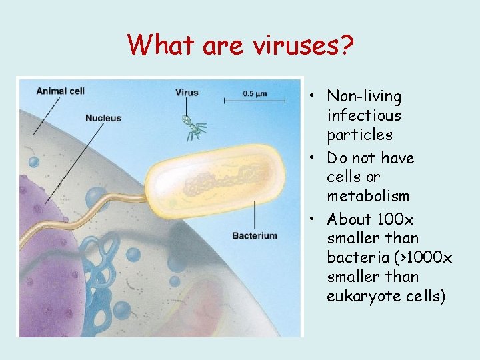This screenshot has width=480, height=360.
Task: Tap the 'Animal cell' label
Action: (60, 91)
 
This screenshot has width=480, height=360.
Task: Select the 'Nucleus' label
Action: (103, 118)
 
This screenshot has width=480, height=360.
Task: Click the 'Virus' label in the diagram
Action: (187, 93)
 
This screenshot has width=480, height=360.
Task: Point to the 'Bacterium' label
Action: (254, 235)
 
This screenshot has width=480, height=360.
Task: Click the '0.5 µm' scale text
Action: (254, 93)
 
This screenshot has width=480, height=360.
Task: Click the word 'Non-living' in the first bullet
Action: (365, 97)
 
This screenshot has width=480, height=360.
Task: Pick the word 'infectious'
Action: (364, 115)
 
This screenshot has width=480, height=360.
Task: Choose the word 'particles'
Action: (359, 135)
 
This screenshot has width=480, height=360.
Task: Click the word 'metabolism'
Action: (368, 197)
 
